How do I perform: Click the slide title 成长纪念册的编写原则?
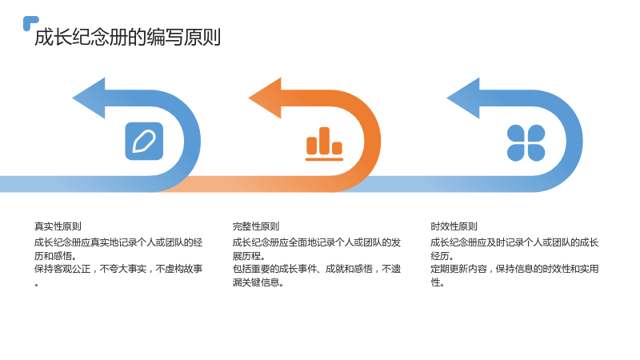pos(127,37)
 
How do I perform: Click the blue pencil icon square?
pos(144,142)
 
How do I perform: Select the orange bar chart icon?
pos(325,144)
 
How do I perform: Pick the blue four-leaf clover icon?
pos(526,143)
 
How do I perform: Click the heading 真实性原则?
pos(58,226)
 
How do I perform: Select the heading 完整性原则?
pos(256,226)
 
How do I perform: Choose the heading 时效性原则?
pos(454,226)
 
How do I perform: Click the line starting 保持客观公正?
pos(118,269)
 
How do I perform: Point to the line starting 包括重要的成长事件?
pos(317,269)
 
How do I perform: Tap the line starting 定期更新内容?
pos(514,269)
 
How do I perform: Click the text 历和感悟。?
pos(55,256)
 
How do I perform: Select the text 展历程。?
pos(249,256)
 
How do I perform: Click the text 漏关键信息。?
pos(258,282)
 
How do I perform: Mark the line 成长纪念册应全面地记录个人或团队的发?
pos(317,242)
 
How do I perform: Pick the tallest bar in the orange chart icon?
pos(325,141)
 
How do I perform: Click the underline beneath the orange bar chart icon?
pos(325,159)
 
